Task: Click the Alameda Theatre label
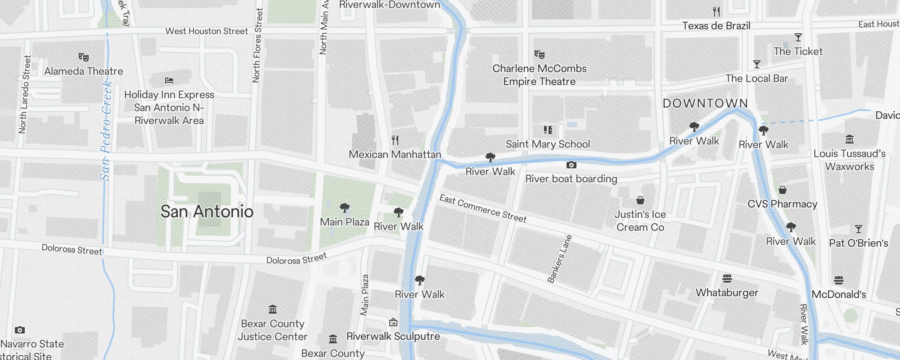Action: click(84, 71)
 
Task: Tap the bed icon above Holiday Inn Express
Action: click(169, 81)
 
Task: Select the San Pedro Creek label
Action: click(106, 130)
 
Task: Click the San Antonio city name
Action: click(207, 211)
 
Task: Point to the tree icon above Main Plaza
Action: click(345, 208)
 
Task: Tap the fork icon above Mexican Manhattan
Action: click(395, 140)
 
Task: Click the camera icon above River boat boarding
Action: click(571, 165)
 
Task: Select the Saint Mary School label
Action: click(548, 144)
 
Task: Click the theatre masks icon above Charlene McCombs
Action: click(539, 54)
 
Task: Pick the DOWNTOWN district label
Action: click(705, 103)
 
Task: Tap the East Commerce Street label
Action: click(483, 208)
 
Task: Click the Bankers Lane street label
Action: click(559, 259)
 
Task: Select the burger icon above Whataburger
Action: click(727, 279)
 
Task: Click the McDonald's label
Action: click(839, 294)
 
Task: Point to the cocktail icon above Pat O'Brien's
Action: click(858, 229)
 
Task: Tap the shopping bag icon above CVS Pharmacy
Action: click(783, 190)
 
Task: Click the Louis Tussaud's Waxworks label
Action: click(849, 160)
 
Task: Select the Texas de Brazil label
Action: click(716, 26)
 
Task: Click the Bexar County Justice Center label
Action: click(273, 330)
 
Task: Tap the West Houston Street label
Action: click(207, 31)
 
